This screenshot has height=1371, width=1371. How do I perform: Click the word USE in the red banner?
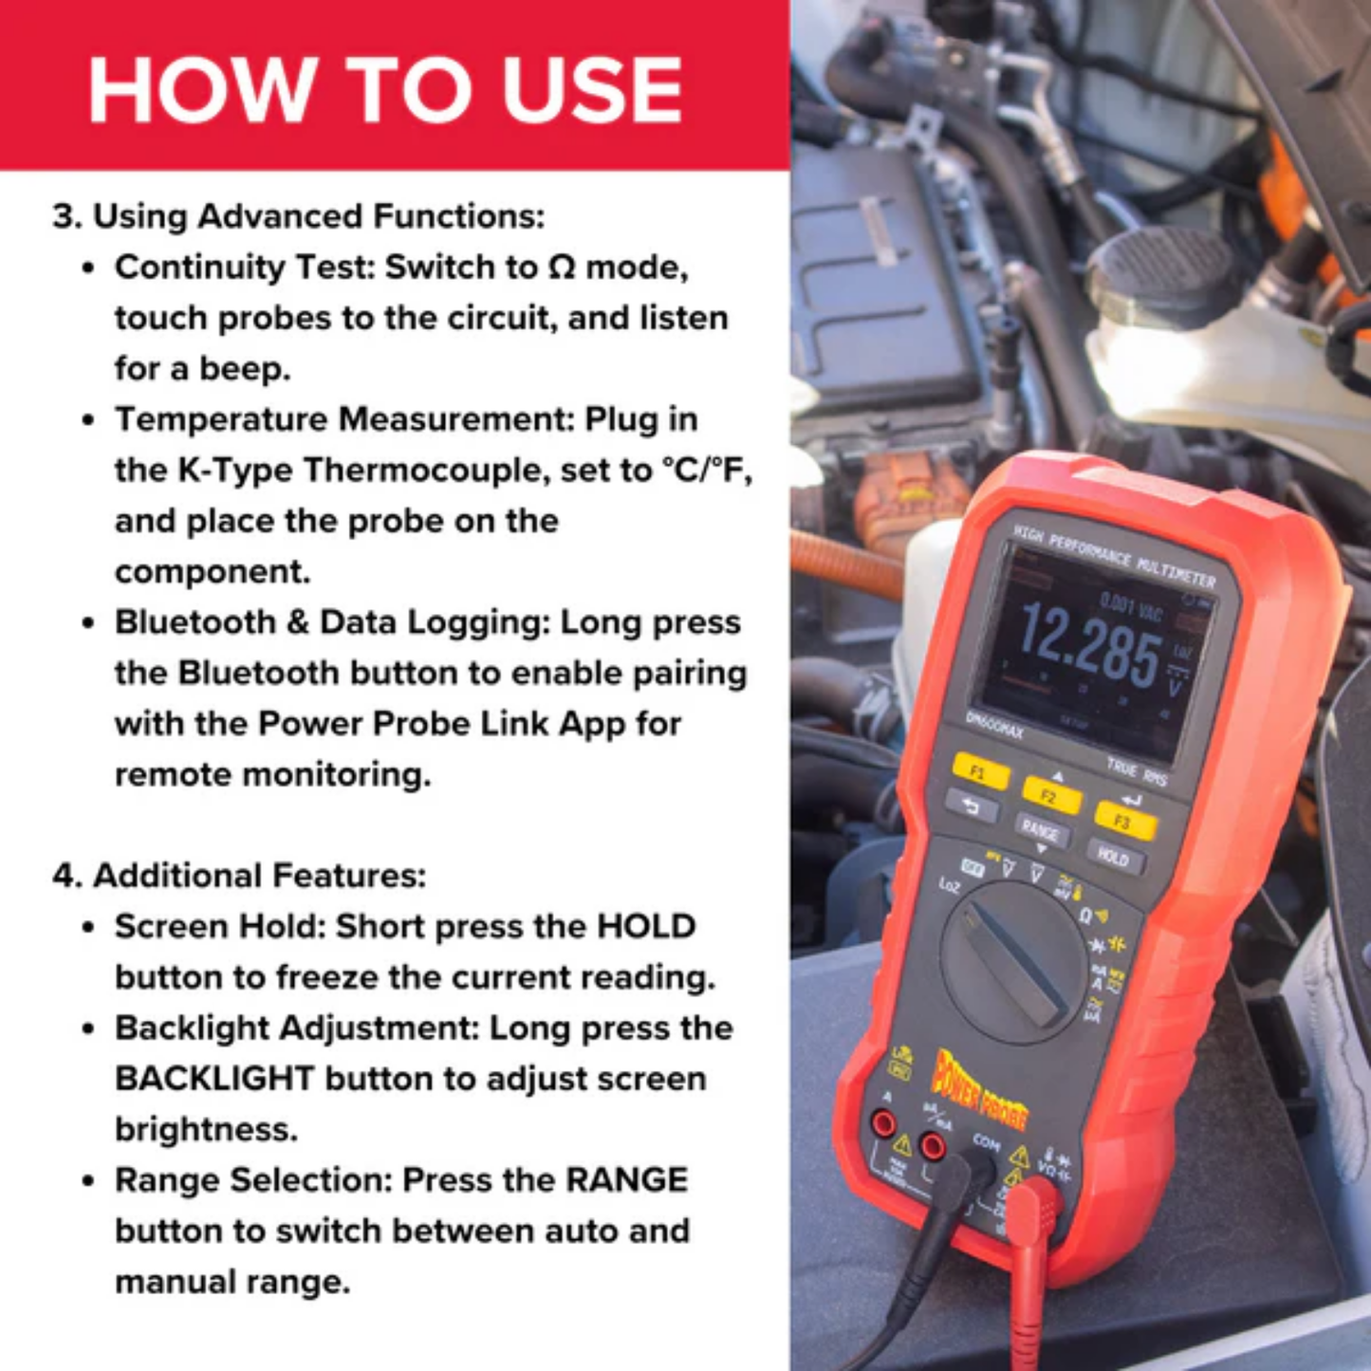(592, 90)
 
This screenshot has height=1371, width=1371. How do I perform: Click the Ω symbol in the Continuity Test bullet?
(562, 269)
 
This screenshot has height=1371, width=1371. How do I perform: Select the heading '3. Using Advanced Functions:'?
(299, 216)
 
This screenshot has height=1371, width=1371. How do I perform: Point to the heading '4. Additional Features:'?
(239, 875)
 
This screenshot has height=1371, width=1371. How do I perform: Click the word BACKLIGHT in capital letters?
(214, 1079)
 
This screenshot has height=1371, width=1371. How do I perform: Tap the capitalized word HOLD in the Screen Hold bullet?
(646, 927)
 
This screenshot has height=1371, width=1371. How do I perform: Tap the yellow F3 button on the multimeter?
(1124, 822)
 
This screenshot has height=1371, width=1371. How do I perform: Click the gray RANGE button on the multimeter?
(1041, 831)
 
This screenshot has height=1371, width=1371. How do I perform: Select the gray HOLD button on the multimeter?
(1114, 858)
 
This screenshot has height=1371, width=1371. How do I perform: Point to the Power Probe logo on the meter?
(980, 1089)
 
